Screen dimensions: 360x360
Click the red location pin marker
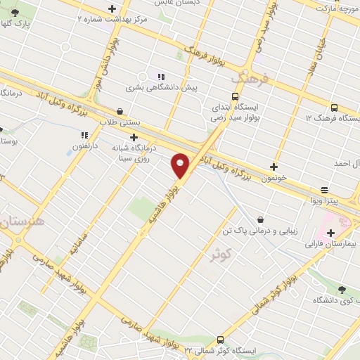pos(181,165)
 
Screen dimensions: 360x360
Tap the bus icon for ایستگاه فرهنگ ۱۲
pos(333,108)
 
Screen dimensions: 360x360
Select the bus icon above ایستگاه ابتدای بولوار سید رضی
pos(235,97)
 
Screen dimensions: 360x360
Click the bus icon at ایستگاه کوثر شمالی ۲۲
pos(220,340)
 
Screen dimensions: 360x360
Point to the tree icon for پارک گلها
pos(15,12)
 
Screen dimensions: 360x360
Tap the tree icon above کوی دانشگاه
pos(342,289)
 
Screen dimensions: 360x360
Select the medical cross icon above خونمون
pos(274,167)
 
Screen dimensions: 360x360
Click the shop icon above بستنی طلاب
pos(120,111)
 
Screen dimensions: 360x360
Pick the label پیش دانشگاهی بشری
pos(162,88)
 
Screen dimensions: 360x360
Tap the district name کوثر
pos(220,255)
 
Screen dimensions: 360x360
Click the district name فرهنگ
pos(254,77)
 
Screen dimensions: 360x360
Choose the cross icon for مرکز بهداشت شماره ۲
pos(112,8)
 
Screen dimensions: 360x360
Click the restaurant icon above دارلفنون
pos(84,135)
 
